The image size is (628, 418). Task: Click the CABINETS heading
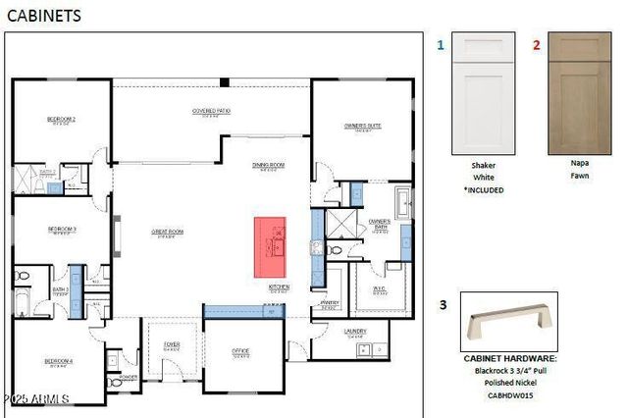click(44, 16)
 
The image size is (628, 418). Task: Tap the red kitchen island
click(271, 245)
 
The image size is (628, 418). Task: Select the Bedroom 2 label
click(61, 120)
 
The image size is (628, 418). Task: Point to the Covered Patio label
click(211, 111)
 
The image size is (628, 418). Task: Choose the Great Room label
click(167, 233)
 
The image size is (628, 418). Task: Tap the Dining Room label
click(268, 165)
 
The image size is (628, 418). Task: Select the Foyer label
click(172, 344)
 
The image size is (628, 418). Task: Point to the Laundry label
click(355, 331)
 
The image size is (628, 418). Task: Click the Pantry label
click(330, 303)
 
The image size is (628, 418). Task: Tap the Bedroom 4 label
click(59, 361)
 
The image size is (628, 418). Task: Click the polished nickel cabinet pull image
click(509, 325)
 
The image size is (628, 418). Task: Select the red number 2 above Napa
click(536, 45)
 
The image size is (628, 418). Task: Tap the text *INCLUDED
click(483, 189)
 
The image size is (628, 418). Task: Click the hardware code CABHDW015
click(509, 396)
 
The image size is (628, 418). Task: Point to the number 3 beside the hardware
click(443, 305)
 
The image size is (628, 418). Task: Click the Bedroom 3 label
click(61, 230)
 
